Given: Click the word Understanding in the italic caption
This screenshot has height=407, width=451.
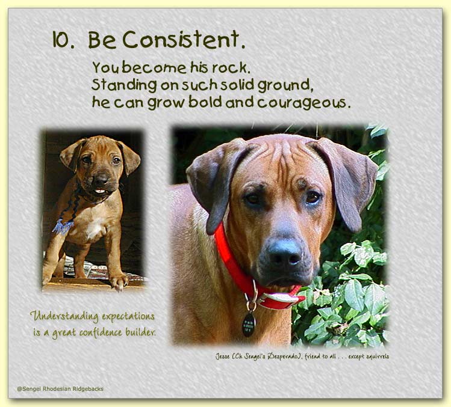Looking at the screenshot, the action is pos(64,316).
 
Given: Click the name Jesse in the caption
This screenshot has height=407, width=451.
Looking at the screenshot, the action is pos(223,357).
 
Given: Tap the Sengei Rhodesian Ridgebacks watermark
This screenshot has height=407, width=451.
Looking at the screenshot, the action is pos(60,389).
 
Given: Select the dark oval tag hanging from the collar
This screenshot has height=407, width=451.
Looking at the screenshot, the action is pos(249,325).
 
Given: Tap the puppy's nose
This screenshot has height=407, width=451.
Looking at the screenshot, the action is pos(101,179).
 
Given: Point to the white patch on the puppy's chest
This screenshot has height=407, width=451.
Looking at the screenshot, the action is pos(95,227).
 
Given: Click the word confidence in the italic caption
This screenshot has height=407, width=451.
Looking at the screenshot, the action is pos(101,332).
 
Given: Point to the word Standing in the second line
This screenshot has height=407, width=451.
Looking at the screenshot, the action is pos(124,85).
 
